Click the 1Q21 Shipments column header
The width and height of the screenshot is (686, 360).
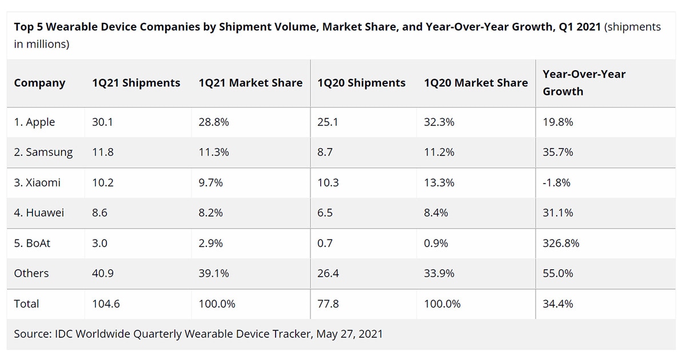pyautogui.click(x=136, y=83)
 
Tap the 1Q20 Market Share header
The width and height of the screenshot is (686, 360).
pyautogui.click(x=476, y=83)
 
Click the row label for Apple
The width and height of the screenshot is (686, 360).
pyautogui.click(x=34, y=122)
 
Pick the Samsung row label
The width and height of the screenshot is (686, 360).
pyautogui.click(x=43, y=153)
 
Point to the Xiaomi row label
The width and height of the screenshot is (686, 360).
pyautogui.click(x=37, y=183)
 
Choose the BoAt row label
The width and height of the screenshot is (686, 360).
pyautogui.click(x=32, y=243)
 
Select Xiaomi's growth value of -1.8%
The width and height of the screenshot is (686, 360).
pyautogui.click(x=556, y=183)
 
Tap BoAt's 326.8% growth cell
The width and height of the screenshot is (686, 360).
pyautogui.click(x=561, y=243)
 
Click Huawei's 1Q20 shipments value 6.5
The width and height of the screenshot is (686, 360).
pyautogui.click(x=325, y=213)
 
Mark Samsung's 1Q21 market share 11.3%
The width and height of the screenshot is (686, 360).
pyautogui.click(x=214, y=153)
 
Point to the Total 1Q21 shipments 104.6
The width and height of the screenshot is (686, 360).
pyautogui.click(x=106, y=304)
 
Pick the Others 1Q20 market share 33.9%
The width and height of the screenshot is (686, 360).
pyautogui.click(x=439, y=274)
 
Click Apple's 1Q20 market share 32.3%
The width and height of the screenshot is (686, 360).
pyautogui.click(x=439, y=122)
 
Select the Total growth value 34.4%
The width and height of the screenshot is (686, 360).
pyautogui.click(x=558, y=304)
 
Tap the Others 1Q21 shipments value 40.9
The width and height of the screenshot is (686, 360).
pyautogui.click(x=103, y=274)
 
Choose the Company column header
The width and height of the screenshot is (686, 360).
pyautogui.click(x=39, y=83)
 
